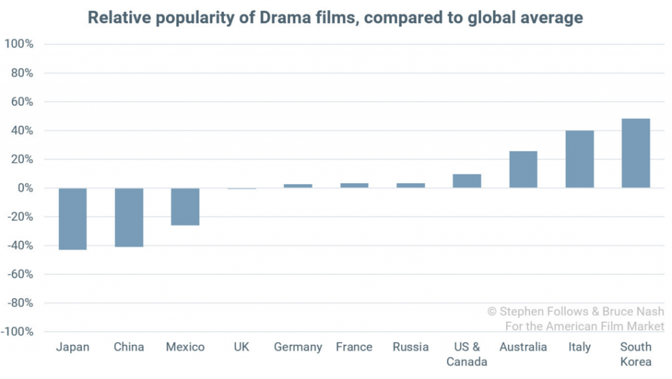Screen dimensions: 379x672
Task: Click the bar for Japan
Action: (73, 219)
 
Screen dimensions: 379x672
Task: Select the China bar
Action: (129, 217)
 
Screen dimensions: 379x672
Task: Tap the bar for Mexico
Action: (185, 207)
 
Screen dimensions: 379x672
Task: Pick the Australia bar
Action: (523, 169)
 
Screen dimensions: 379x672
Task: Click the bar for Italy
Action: (579, 160)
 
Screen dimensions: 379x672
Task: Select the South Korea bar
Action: (636, 154)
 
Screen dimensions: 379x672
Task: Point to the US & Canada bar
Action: (467, 181)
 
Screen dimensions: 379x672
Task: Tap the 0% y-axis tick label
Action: (25, 189)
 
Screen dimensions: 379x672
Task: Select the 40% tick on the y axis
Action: (22, 131)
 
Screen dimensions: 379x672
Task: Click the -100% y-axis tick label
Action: (18, 332)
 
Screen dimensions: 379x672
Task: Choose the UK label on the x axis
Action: (241, 347)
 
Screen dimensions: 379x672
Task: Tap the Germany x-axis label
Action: (298, 347)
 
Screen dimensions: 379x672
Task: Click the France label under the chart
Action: (354, 347)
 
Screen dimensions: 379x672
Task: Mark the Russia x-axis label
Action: (410, 347)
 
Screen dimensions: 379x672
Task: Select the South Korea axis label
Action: (636, 354)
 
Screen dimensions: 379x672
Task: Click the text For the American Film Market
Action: (584, 326)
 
